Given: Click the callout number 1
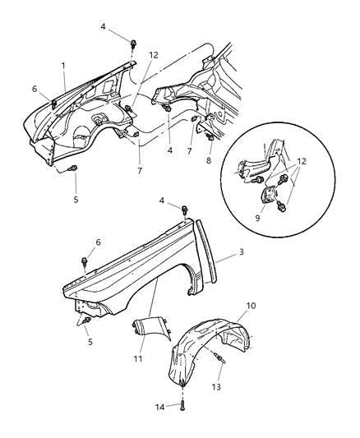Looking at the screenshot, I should coord(64,63).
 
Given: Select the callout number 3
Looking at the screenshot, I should coord(241,256).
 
